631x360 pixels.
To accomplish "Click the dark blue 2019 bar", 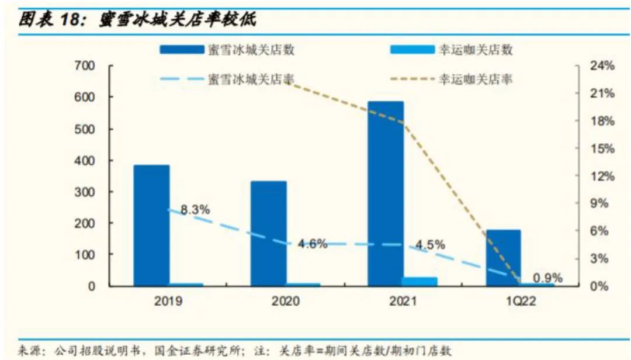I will tap(151, 225).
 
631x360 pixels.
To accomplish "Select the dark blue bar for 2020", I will tap(269, 233).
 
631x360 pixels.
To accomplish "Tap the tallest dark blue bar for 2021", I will tap(386, 193).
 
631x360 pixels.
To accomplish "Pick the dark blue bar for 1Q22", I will tap(503, 257).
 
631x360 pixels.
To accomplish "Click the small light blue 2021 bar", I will tap(419, 281).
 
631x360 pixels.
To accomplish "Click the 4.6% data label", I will tap(313, 244).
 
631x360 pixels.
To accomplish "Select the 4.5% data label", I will tap(430, 244).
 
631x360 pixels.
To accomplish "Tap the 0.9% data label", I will tap(547, 278).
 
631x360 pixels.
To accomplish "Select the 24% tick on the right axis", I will tap(603, 66).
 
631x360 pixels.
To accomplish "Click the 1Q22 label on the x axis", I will tap(519, 302).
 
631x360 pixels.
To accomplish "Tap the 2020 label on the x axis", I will tap(285, 302).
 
